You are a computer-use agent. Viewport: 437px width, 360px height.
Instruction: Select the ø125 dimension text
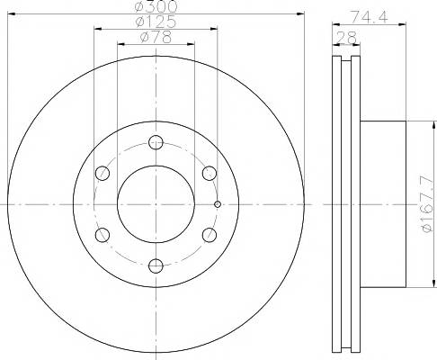pyautogui.click(x=156, y=23)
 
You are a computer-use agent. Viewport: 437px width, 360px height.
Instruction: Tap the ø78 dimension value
pyautogui.click(x=156, y=39)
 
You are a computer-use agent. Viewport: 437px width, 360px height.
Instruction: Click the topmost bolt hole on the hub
pyautogui.click(x=156, y=141)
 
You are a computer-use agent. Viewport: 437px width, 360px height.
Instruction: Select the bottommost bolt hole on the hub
pyautogui.click(x=156, y=264)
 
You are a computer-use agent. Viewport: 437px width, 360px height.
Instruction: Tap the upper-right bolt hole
pyautogui.click(x=210, y=172)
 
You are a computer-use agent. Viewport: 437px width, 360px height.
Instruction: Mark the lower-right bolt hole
pyautogui.click(x=210, y=234)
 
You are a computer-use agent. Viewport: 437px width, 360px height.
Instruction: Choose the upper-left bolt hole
pyautogui.click(x=103, y=172)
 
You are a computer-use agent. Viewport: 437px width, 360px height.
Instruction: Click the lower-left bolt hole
pyautogui.click(x=103, y=234)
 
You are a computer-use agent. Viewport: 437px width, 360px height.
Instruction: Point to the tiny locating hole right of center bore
pyautogui.click(x=218, y=203)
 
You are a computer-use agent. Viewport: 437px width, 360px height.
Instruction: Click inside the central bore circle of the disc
pyautogui.click(x=156, y=202)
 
